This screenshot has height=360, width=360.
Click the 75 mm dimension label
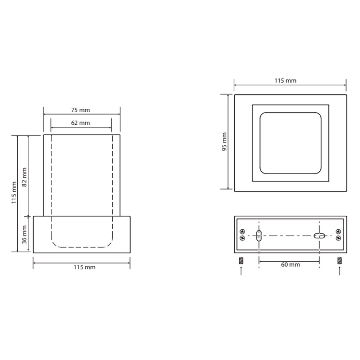(80, 110)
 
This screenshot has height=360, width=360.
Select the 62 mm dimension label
(80, 123)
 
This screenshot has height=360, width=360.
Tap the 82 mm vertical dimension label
(24, 177)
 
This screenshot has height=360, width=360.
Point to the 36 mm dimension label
(24, 235)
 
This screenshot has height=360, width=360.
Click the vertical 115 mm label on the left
(14, 192)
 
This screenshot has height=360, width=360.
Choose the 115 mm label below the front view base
(85, 267)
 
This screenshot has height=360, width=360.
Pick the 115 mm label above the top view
(285, 81)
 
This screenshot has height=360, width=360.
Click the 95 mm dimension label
(224, 141)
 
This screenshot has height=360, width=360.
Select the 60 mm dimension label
(291, 265)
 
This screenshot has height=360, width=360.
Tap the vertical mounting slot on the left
(259, 235)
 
